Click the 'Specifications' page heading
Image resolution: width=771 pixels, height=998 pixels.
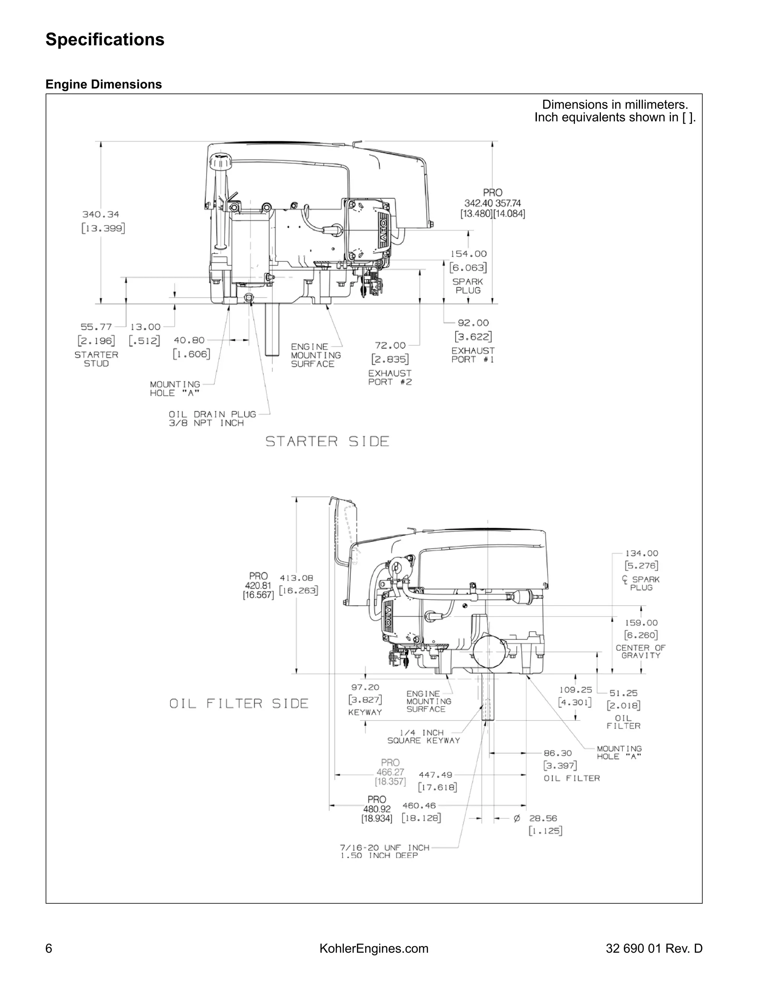pyautogui.click(x=105, y=40)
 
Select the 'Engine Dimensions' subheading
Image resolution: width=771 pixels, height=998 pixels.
pyautogui.click(x=104, y=84)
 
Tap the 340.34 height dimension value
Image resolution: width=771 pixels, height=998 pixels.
pyautogui.click(x=101, y=214)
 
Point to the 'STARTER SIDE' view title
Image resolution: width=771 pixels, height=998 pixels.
pyautogui.click(x=327, y=441)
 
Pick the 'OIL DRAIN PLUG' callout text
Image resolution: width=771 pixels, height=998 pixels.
pyautogui.click(x=212, y=415)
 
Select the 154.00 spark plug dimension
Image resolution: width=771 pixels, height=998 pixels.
pyautogui.click(x=469, y=254)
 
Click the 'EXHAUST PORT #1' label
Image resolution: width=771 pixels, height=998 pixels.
pyautogui.click(x=473, y=355)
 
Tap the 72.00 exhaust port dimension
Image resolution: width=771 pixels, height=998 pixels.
pyautogui.click(x=390, y=345)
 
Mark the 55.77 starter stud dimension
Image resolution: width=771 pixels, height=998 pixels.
pyautogui.click(x=96, y=327)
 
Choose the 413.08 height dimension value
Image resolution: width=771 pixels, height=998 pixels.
pyautogui.click(x=296, y=578)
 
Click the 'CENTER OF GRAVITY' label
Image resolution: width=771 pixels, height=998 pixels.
pyautogui.click(x=640, y=652)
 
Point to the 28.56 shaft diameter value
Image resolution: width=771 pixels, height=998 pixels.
pyautogui.click(x=543, y=818)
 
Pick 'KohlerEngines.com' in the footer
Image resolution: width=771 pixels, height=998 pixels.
pyautogui.click(x=373, y=949)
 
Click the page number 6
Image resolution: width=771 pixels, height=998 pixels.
pyautogui.click(x=49, y=949)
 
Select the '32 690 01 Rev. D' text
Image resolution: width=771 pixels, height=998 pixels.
pyautogui.click(x=654, y=949)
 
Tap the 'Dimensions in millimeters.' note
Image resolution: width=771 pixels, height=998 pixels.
pyautogui.click(x=615, y=105)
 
